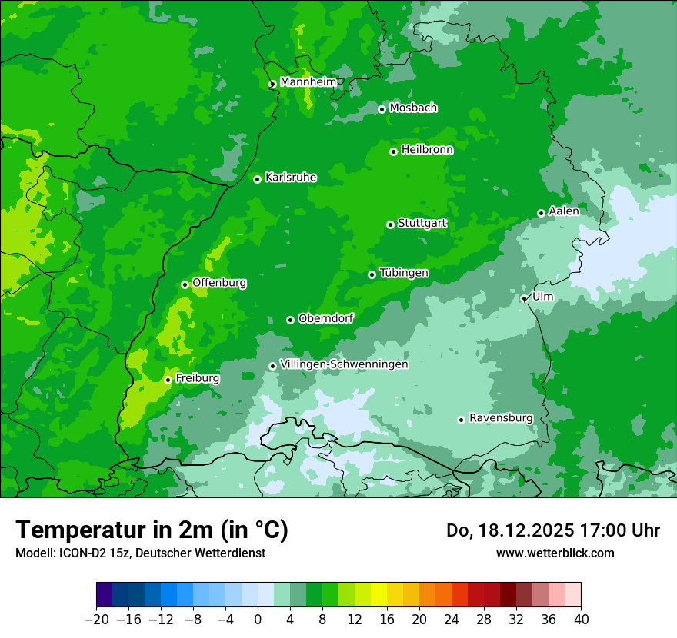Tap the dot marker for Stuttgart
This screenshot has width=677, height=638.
tap(390, 224)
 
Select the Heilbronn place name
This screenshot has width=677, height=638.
tap(427, 150)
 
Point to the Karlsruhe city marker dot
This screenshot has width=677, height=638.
tap(257, 179)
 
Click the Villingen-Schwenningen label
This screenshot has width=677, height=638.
tap(344, 364)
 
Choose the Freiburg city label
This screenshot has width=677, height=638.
tap(197, 378)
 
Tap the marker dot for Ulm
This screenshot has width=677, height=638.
tap(524, 298)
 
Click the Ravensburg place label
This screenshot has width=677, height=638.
tap(500, 418)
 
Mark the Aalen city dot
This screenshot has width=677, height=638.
tap(541, 213)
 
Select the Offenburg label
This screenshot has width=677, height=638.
tap(219, 283)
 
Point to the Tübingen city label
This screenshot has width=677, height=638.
tap(404, 273)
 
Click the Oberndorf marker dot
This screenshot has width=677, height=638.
tap(290, 320)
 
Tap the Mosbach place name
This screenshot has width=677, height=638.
tap(413, 108)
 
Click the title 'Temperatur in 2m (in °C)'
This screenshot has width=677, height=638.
tap(152, 530)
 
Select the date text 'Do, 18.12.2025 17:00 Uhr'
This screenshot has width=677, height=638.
tap(553, 530)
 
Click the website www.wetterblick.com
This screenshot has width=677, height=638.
tap(555, 553)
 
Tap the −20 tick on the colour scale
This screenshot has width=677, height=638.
tap(96, 620)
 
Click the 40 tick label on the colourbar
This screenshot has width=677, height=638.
tap(581, 620)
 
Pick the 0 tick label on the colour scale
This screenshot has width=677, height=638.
tap(258, 620)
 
